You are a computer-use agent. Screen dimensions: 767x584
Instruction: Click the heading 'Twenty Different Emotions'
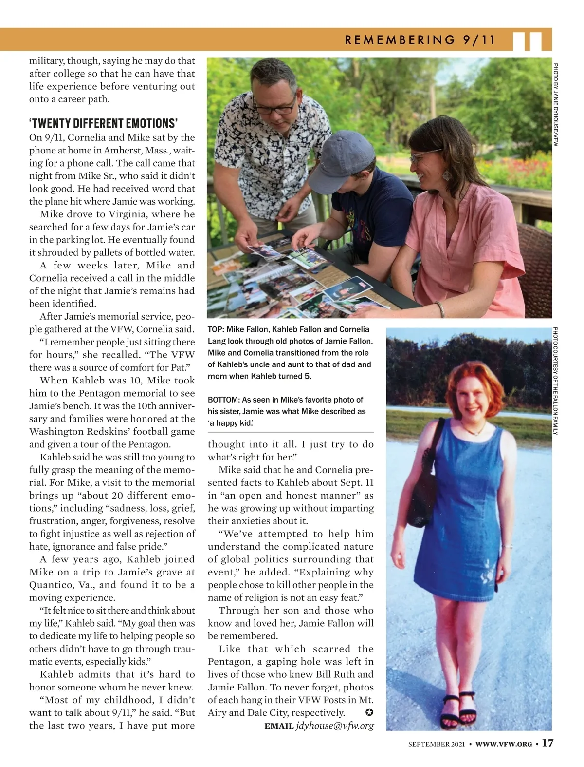pos(103,122)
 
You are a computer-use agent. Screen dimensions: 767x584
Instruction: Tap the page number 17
pos(547,743)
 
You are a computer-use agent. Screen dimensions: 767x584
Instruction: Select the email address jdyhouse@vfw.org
pos(335,726)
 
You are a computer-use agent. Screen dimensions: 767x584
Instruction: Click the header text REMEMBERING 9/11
pos(420,40)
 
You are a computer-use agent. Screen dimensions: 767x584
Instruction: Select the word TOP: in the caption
pos(216,329)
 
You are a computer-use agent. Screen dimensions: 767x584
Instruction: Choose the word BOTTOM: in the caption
pos(222,400)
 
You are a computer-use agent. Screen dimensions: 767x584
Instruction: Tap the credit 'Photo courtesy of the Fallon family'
pos(555,382)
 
